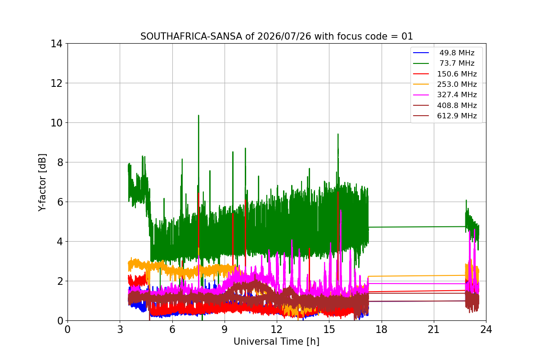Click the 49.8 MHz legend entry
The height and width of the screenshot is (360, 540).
(457, 53)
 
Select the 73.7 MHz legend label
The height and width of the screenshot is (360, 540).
(457, 63)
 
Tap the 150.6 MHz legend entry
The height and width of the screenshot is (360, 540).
(457, 74)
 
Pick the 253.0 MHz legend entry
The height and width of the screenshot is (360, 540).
(457, 85)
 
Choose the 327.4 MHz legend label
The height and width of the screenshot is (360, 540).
(457, 95)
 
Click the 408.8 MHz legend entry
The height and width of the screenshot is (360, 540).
(457, 105)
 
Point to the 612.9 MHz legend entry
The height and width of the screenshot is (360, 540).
(457, 116)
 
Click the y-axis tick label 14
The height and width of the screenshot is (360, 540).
(56, 44)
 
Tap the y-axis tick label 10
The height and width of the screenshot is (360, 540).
(56, 123)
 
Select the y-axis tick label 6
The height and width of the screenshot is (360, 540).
(60, 202)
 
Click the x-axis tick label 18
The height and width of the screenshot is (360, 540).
(382, 329)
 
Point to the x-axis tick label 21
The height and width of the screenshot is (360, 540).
(434, 329)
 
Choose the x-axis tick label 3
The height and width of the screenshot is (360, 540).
(120, 329)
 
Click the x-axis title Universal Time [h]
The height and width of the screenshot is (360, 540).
(276, 342)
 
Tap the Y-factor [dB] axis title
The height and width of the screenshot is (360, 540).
(42, 183)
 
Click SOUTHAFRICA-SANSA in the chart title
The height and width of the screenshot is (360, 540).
(191, 36)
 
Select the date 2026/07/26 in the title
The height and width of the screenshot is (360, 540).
(284, 36)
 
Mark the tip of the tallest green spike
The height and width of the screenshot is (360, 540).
(198, 115)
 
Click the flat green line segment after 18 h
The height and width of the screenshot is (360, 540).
(417, 227)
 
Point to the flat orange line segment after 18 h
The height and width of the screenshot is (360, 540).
(417, 276)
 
